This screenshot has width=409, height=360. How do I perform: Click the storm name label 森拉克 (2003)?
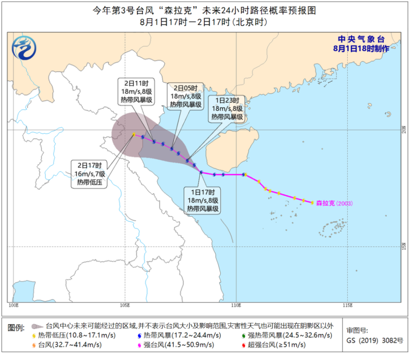click(334, 203)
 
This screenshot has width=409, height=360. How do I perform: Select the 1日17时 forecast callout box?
click(203, 200)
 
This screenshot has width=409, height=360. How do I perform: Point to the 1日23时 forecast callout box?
click(227, 109)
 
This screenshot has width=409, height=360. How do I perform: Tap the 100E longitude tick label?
click(14, 305)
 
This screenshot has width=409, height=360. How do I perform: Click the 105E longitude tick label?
click(125, 305)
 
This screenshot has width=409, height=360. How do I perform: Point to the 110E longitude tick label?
click(236, 305)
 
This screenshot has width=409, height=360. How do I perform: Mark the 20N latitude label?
click(404, 130)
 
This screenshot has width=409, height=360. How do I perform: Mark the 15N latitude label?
click(404, 247)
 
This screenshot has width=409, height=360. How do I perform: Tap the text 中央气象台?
click(361, 40)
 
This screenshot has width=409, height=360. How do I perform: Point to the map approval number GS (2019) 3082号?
click(375, 340)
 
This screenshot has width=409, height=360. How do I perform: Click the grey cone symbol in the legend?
click(38, 326)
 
